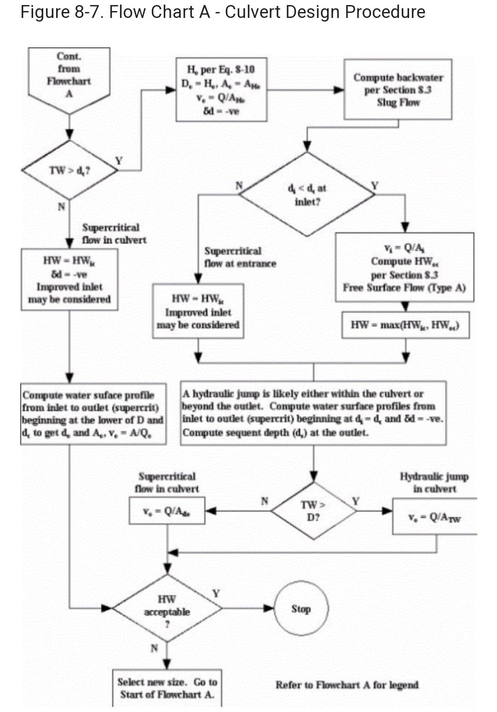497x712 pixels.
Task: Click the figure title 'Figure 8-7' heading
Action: point(223,12)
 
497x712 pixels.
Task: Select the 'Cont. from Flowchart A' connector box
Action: point(69,76)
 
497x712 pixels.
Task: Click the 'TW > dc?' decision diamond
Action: point(69,170)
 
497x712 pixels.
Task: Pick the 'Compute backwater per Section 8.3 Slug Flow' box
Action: point(398,90)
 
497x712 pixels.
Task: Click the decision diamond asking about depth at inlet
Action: point(307,194)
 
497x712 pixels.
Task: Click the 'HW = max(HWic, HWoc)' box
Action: point(405,325)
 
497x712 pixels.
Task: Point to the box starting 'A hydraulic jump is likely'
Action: point(313,413)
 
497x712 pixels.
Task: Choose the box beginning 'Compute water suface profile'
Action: point(93,414)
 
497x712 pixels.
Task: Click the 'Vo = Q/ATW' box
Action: point(434,517)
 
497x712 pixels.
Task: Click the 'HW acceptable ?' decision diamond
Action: point(167,608)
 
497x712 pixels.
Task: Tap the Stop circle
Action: point(301,609)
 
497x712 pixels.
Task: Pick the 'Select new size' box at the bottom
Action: point(167,688)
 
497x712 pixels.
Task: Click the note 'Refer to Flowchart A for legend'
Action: point(347,685)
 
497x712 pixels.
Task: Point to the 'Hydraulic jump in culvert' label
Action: point(434,482)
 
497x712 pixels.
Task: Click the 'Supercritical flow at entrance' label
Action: point(240,257)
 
